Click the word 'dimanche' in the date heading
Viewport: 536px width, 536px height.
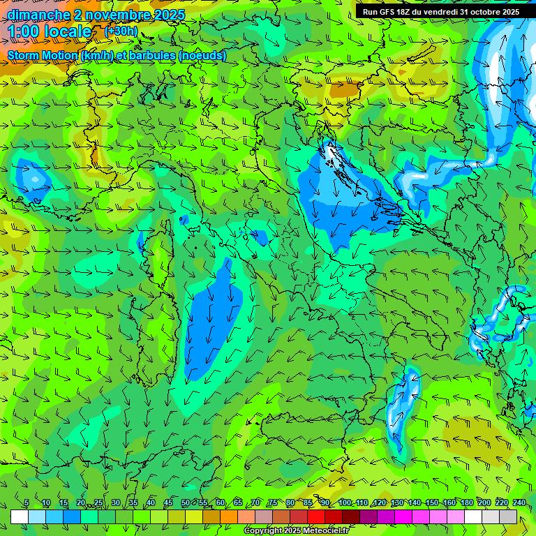point(38,15)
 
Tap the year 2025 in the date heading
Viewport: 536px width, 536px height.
point(167,15)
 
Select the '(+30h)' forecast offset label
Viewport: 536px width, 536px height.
point(121,31)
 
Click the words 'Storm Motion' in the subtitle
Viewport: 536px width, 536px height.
point(43,55)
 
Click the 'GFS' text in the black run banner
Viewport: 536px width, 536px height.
point(389,12)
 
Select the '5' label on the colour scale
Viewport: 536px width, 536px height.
point(27,502)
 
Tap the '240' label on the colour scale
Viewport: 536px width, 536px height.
point(519,502)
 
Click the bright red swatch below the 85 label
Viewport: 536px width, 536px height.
point(316,516)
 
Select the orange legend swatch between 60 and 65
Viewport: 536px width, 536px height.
point(229,516)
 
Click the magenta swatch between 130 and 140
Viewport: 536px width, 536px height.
point(403,516)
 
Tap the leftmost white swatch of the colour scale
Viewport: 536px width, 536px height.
point(20,516)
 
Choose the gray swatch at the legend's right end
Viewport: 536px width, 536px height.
point(508,516)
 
